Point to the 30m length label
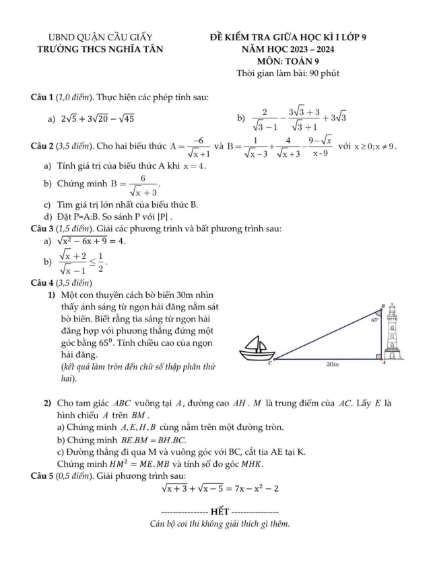coord(331,364)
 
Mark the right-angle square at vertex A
coord(378,354)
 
